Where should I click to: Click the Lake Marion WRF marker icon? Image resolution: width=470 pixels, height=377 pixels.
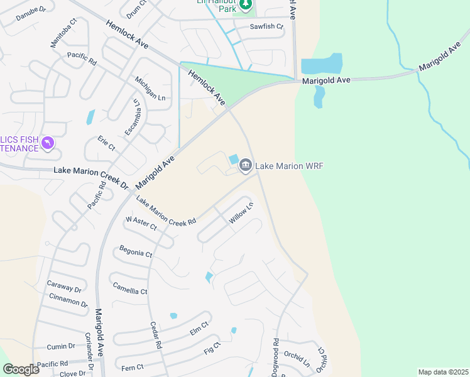tap(246, 165)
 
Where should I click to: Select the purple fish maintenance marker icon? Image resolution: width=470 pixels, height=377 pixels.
tap(48, 144)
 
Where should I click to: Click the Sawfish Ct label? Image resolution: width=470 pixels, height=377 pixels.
tap(266, 27)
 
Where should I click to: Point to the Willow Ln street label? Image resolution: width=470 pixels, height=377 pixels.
tap(241, 213)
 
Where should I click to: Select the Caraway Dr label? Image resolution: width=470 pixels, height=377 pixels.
tap(64, 285)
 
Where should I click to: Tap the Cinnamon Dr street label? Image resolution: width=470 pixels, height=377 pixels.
tap(68, 301)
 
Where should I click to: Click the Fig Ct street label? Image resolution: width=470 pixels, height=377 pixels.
tap(212, 349)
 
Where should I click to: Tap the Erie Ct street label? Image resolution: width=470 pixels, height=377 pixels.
tap(106, 143)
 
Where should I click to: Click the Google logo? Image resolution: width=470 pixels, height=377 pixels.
tap(21, 369)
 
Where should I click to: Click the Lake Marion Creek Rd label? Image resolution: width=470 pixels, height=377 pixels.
tap(167, 210)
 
